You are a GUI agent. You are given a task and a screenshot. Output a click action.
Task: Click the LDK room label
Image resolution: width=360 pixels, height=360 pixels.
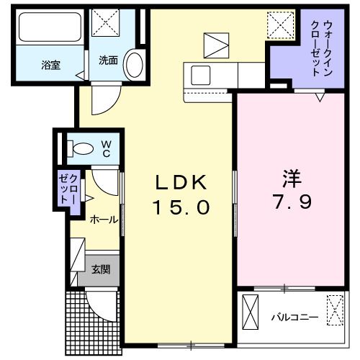point(179,181)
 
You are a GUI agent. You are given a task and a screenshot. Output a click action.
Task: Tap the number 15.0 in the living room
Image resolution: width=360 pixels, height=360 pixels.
point(180,207)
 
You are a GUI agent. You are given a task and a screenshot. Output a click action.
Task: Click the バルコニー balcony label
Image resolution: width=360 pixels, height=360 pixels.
point(294,316)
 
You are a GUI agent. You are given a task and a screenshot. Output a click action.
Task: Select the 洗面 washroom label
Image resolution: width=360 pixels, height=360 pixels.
point(108,60)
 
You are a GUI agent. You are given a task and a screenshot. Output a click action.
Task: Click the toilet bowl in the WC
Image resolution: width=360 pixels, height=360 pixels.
point(81,150)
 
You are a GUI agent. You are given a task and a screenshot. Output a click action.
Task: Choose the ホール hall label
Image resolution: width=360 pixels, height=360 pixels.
point(103,220)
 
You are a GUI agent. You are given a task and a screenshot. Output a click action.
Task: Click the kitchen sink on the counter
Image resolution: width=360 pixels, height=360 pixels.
point(198,73)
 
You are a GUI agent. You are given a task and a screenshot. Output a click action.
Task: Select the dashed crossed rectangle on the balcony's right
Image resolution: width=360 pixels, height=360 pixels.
point(336,312)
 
